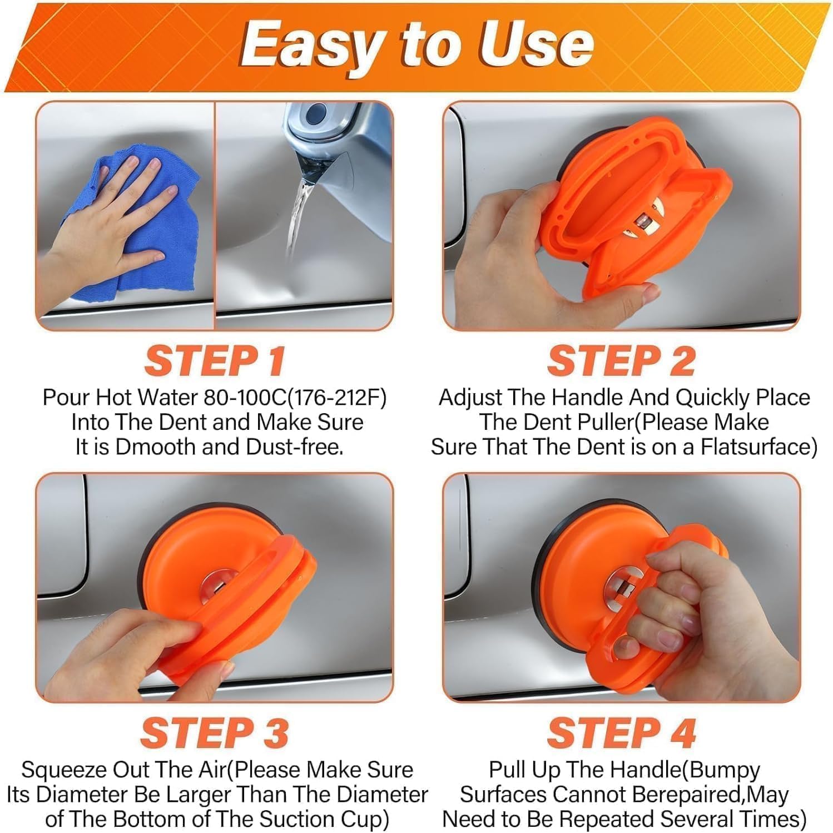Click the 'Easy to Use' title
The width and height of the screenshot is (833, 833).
(x=416, y=44)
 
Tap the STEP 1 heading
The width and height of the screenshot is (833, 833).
(x=215, y=361)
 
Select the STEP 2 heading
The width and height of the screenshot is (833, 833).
(x=621, y=361)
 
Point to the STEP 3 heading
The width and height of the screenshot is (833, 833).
(x=215, y=733)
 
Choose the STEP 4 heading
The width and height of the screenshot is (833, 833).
(x=621, y=733)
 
